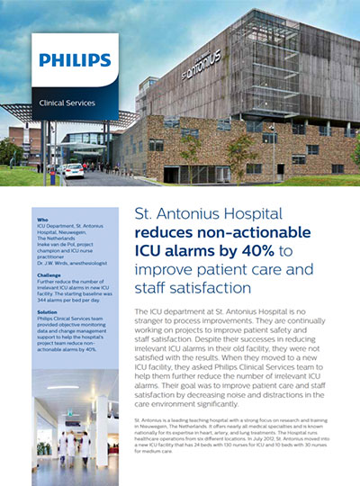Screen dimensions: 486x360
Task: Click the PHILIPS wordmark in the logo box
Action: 75,62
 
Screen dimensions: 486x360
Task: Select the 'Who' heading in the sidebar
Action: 43,219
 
